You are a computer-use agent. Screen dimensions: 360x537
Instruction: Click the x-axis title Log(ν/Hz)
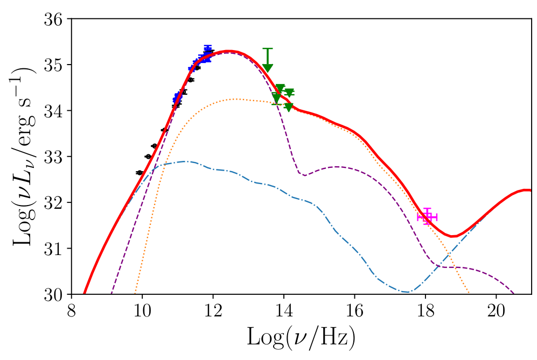pos(301,337)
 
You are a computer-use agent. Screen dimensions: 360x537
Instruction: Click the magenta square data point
pos(427,217)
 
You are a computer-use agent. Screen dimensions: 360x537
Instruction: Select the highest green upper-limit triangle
pos(268,68)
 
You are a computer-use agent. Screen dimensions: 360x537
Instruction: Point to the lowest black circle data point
pos(140,173)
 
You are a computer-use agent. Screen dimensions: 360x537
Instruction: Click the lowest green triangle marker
pos(289,107)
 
